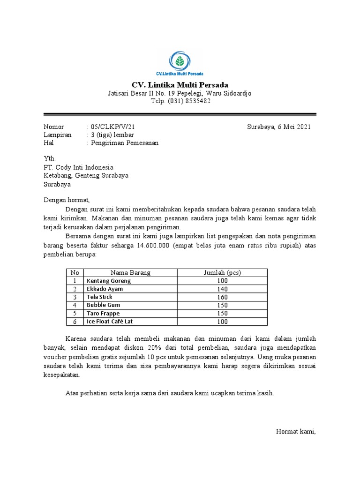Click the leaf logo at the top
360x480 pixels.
[x=180, y=61]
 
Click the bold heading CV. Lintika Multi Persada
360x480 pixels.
[x=180, y=85]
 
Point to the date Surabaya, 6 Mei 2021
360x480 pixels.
[x=278, y=127]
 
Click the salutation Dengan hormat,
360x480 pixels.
[x=66, y=200]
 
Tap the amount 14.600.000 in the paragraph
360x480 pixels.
[x=155, y=246]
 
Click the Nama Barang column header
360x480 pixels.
[x=131, y=273]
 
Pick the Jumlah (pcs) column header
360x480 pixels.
[x=222, y=273]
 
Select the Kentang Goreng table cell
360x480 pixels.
[x=109, y=281]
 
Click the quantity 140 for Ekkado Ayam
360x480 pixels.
[x=222, y=289]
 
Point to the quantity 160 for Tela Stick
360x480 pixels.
[x=222, y=297]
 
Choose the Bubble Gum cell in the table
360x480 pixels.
[x=104, y=305]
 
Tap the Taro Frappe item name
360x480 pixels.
[x=103, y=313]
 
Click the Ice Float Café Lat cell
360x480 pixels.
[x=114, y=322]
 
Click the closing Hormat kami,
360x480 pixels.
[x=296, y=432]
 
